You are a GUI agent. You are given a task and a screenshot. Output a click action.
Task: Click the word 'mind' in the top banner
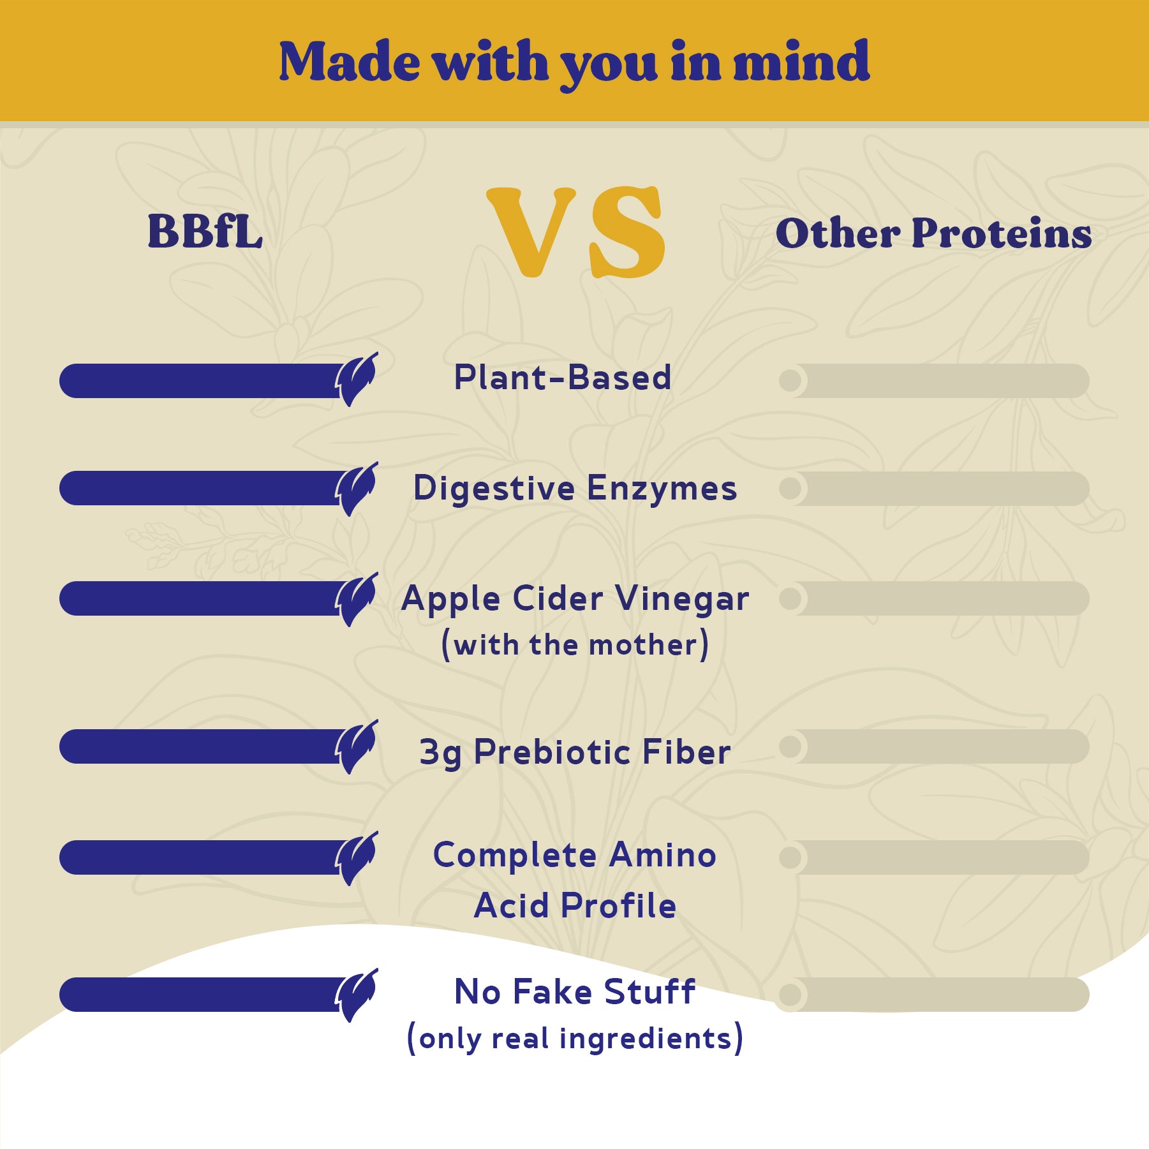point(801,61)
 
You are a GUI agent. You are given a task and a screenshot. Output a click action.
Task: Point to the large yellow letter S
point(626,232)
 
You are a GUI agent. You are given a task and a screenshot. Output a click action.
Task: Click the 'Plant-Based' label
point(563,377)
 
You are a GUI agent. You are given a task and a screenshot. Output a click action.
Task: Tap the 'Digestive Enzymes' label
point(575,489)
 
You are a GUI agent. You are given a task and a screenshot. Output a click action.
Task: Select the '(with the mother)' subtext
point(575,644)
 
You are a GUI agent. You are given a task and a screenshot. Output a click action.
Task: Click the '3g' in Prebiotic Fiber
point(441,753)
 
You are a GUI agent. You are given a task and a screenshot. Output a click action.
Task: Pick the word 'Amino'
point(663,855)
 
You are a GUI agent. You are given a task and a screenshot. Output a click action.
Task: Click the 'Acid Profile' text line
point(575,905)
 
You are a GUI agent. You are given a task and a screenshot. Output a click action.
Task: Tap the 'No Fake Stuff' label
point(575,991)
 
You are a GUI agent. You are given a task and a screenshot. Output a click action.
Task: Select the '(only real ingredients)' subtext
point(575,1039)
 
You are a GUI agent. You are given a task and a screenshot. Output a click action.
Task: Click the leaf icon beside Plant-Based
point(357,380)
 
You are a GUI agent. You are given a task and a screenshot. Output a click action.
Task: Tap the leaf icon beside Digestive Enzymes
point(357,489)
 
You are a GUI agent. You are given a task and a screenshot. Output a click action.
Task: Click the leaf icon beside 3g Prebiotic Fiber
point(357,747)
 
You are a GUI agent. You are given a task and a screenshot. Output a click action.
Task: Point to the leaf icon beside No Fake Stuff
point(357,995)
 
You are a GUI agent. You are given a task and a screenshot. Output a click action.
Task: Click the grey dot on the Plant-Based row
point(790,381)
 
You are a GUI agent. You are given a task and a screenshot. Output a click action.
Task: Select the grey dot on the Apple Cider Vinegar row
point(790,598)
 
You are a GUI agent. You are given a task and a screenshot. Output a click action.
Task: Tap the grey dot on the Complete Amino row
point(790,857)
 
